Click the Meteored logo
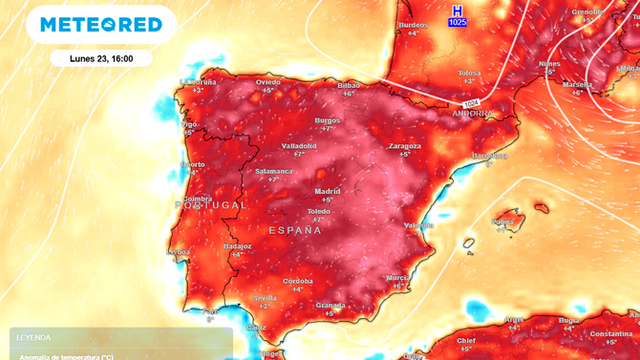100,25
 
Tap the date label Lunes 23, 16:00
101,58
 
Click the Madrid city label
328,191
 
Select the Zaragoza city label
405,146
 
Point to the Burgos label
328,120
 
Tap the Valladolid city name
299,146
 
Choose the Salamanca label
274,171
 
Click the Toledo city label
318,211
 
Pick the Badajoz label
237,246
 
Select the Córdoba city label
298,281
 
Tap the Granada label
330,306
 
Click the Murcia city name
398,277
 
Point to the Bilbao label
349,85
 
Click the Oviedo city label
267,82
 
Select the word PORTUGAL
211,205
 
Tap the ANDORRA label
472,113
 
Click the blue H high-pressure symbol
458,10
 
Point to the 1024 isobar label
471,103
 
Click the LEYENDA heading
33,337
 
